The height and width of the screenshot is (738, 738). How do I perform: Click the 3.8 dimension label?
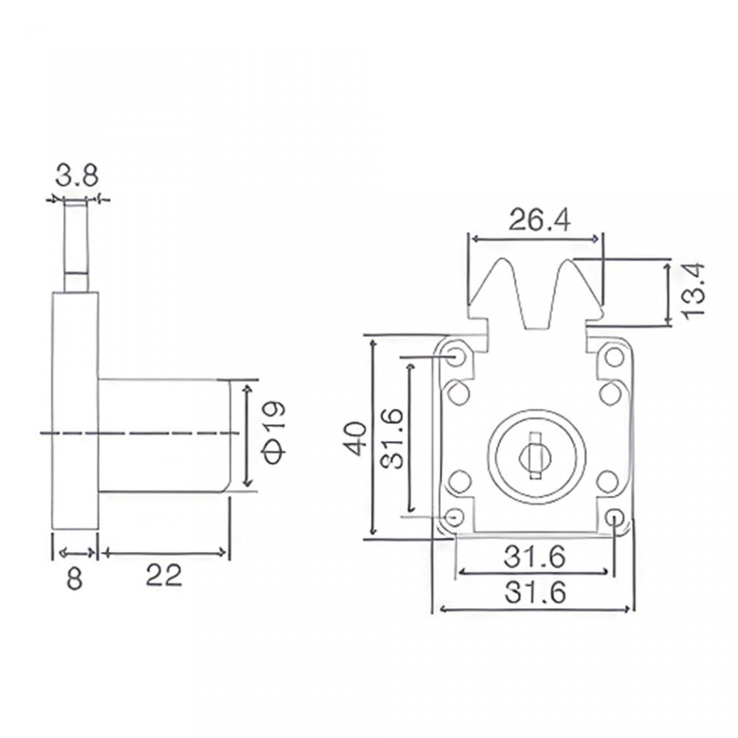click(x=77, y=176)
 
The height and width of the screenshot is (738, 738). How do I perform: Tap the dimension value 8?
click(x=75, y=577)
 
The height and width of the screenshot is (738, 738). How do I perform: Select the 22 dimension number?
click(x=163, y=575)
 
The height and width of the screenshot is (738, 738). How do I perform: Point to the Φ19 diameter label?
click(x=274, y=433)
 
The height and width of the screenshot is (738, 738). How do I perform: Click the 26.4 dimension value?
click(x=540, y=219)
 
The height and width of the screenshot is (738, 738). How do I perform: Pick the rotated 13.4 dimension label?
click(x=693, y=292)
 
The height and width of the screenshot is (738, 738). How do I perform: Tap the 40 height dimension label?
click(x=356, y=439)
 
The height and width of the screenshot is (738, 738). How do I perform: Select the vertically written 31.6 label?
click(x=391, y=438)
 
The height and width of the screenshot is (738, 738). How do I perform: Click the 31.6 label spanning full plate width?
click(x=535, y=592)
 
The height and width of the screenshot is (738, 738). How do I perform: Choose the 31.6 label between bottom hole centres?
click(x=534, y=557)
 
